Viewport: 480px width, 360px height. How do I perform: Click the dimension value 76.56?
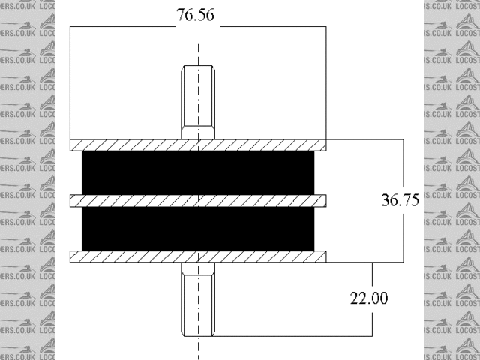tap(198, 16)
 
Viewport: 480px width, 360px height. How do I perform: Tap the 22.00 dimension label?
tap(369, 298)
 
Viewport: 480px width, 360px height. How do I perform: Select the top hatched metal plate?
tap(198, 145)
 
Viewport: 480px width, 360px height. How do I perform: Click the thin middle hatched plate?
tap(198, 201)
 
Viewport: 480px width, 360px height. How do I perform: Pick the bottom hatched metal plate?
tap(198, 256)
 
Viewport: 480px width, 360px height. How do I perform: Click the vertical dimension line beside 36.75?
tap(404, 165)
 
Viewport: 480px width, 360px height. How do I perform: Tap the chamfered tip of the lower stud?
tap(198, 332)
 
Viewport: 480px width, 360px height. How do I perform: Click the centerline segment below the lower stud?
tap(198, 348)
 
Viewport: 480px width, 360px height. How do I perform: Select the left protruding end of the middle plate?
tap(75, 201)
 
